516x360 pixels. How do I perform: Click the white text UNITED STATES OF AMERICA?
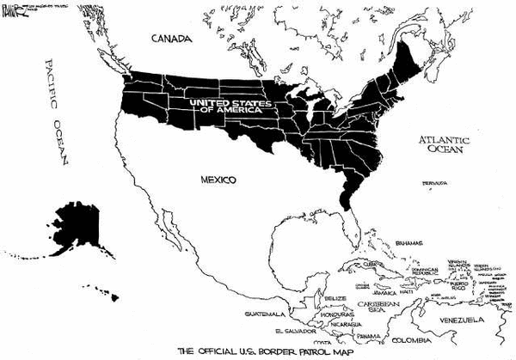[228, 105]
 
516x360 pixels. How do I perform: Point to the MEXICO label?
[218, 180]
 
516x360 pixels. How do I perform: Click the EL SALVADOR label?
[292, 330]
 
